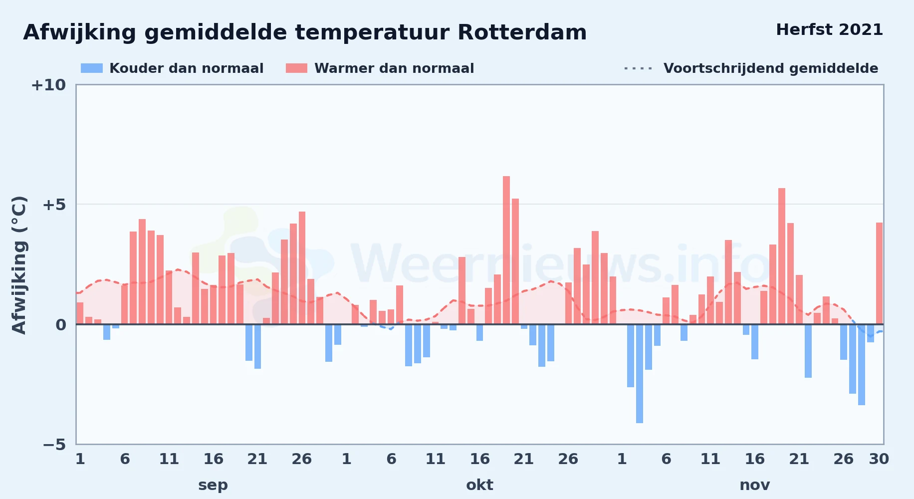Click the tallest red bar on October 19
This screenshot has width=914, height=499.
[506, 250]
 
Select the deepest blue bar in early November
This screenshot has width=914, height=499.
[640, 374]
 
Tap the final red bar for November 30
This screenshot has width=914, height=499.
[879, 273]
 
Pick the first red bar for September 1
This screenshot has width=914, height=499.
[80, 313]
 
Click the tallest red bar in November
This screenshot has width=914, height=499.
[782, 256]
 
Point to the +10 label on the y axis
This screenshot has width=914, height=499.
[48, 85]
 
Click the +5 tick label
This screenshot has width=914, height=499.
[54, 205]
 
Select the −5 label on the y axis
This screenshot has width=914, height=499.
[54, 445]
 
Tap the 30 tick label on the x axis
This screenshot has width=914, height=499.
[879, 459]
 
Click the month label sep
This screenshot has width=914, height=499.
[213, 485]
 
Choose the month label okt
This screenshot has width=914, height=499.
[479, 485]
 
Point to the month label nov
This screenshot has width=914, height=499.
[754, 485]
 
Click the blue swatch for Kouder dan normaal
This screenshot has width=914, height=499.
[92, 68]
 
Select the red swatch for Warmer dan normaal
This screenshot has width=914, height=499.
[296, 68]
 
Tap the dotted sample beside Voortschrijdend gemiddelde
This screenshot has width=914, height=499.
[638, 68]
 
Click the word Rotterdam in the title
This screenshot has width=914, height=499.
[522, 32]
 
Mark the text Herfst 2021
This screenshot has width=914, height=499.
[829, 30]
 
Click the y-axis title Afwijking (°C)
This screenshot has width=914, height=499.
[19, 264]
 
